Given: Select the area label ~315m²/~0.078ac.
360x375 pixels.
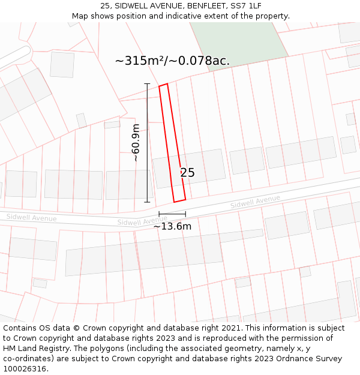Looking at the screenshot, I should [x=172, y=61].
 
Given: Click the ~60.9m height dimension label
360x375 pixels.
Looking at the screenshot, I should [x=136, y=143].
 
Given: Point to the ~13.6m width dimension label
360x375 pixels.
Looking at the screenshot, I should [x=172, y=226].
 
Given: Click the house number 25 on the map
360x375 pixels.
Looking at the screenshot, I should [x=187, y=173].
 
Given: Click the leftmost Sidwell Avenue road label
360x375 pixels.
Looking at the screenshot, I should [x=31, y=217].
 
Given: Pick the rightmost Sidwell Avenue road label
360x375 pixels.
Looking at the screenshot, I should [x=255, y=202].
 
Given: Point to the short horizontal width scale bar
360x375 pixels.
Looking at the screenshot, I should [x=172, y=214].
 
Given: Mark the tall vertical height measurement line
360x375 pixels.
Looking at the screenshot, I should [x=147, y=143].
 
